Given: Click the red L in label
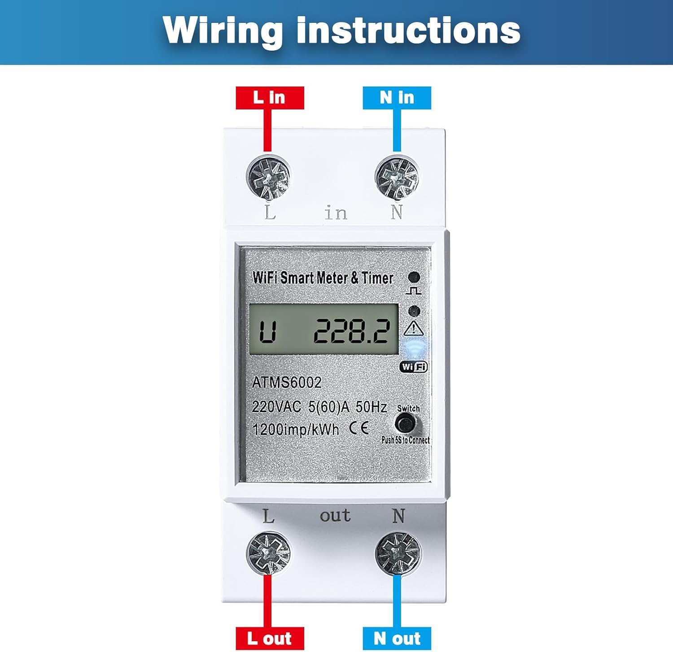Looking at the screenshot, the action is pos(270,98).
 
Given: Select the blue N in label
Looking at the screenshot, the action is pos(397,98).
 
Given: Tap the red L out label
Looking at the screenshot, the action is pos(270,638).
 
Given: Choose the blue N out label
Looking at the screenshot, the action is pos(397,638).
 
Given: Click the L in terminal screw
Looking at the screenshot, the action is pos(268,177).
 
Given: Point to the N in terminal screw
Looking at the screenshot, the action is pos(397,177).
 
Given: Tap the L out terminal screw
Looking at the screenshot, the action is pos(268,553).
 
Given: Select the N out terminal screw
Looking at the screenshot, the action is pos(398,553).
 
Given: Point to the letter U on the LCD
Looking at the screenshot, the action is pos(267,332).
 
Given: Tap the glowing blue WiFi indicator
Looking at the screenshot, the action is pos(415,348).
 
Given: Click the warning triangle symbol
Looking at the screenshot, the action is pos(413,328).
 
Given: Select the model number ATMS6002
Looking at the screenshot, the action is pos(287,383).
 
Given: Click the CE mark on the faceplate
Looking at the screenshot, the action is pos(359,428).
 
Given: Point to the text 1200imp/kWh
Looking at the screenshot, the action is pos(296,430).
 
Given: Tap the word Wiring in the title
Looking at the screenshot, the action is pos(223,30).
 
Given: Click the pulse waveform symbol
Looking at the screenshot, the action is pos(413,291).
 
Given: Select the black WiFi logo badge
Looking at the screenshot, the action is pos(414,367).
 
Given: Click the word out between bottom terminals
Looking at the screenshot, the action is pos(335,516).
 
